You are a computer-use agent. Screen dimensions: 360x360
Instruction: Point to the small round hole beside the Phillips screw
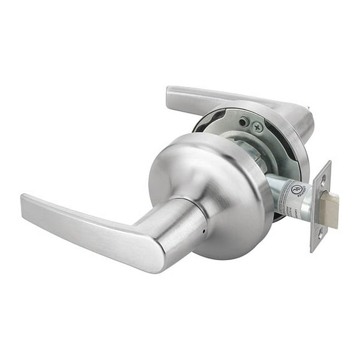click(x=246, y=121)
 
